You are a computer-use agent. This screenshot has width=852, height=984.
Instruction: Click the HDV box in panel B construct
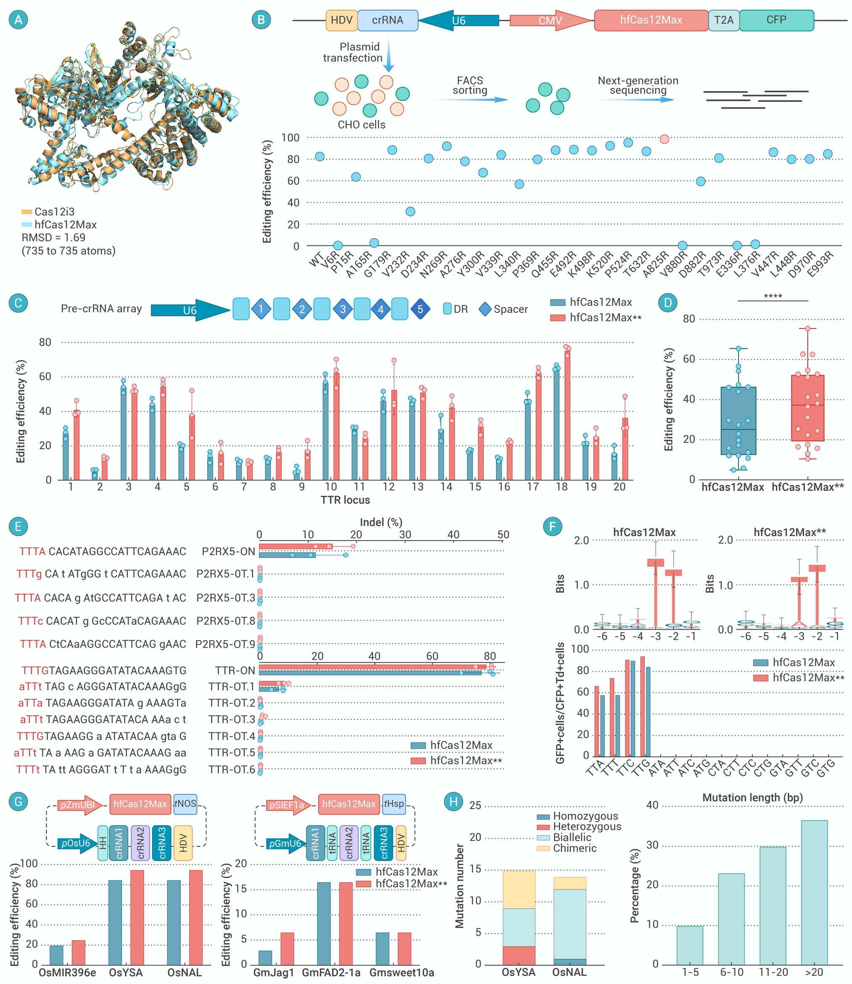(x=341, y=21)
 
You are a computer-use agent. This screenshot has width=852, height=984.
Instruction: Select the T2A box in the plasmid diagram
(x=724, y=21)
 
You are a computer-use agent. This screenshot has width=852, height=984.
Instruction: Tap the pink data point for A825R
(x=664, y=139)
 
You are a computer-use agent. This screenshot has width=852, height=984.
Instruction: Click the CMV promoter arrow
(x=551, y=21)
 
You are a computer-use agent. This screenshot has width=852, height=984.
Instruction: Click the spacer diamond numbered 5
(x=420, y=309)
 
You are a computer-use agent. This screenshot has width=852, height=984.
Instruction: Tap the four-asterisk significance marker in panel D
(x=773, y=297)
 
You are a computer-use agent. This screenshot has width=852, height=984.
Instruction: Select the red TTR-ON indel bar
(x=372, y=667)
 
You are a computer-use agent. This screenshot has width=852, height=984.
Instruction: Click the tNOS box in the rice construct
(x=185, y=804)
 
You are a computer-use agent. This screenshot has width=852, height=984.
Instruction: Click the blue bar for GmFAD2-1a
(x=324, y=923)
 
